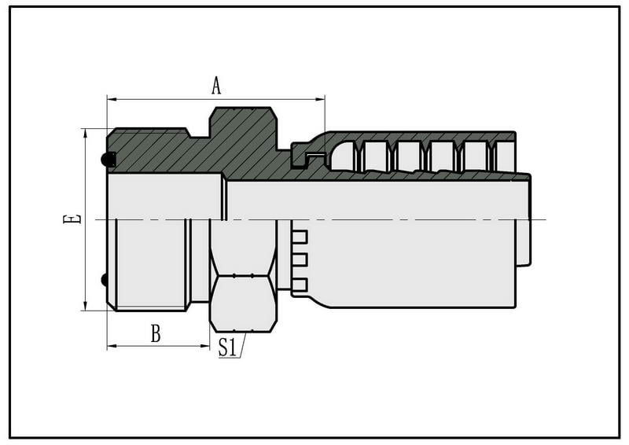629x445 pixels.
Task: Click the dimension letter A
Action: [216, 86]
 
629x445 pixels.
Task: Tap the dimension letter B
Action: [156, 333]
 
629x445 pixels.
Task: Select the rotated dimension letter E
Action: [72, 219]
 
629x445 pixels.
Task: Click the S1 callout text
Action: [227, 347]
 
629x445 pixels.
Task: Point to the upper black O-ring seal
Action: [108, 160]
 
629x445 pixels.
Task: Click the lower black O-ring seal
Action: [104, 280]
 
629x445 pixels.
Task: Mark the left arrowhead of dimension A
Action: [112, 99]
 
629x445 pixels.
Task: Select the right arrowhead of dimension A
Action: [320, 99]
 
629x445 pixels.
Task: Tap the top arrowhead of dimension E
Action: [86, 134]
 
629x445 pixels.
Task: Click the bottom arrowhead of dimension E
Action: [86, 306]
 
